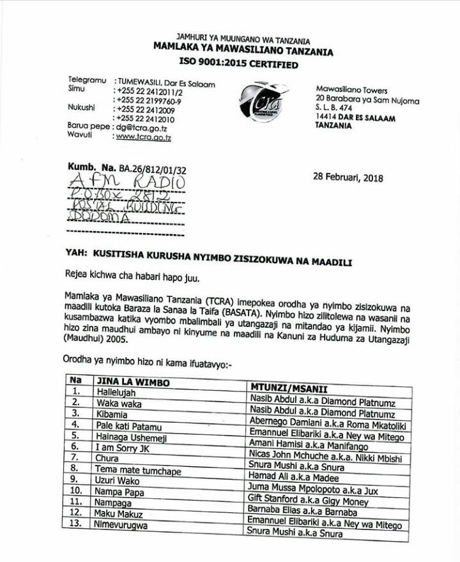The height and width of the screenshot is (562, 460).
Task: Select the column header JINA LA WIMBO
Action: tap(126, 381)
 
